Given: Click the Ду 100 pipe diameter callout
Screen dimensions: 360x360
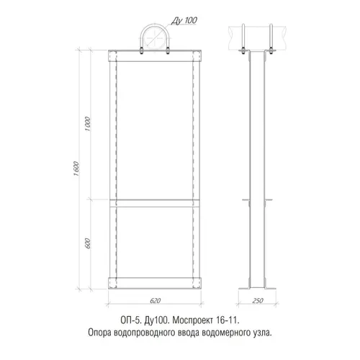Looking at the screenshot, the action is coord(184,20).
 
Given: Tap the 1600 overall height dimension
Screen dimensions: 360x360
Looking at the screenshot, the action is coord(76,168).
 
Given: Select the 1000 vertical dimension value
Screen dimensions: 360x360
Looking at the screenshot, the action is coord(88,124).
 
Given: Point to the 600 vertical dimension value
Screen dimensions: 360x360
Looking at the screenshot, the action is coord(88,243).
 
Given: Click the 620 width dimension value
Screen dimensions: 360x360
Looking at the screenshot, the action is coord(155,300).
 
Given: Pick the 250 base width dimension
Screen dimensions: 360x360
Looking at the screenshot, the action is coord(258,300).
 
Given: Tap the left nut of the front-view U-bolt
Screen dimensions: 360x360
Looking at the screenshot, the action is coord(142,52).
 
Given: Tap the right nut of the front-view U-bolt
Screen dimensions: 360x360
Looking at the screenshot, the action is coord(168,52).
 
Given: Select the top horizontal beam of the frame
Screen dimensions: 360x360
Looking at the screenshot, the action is coord(155,56).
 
